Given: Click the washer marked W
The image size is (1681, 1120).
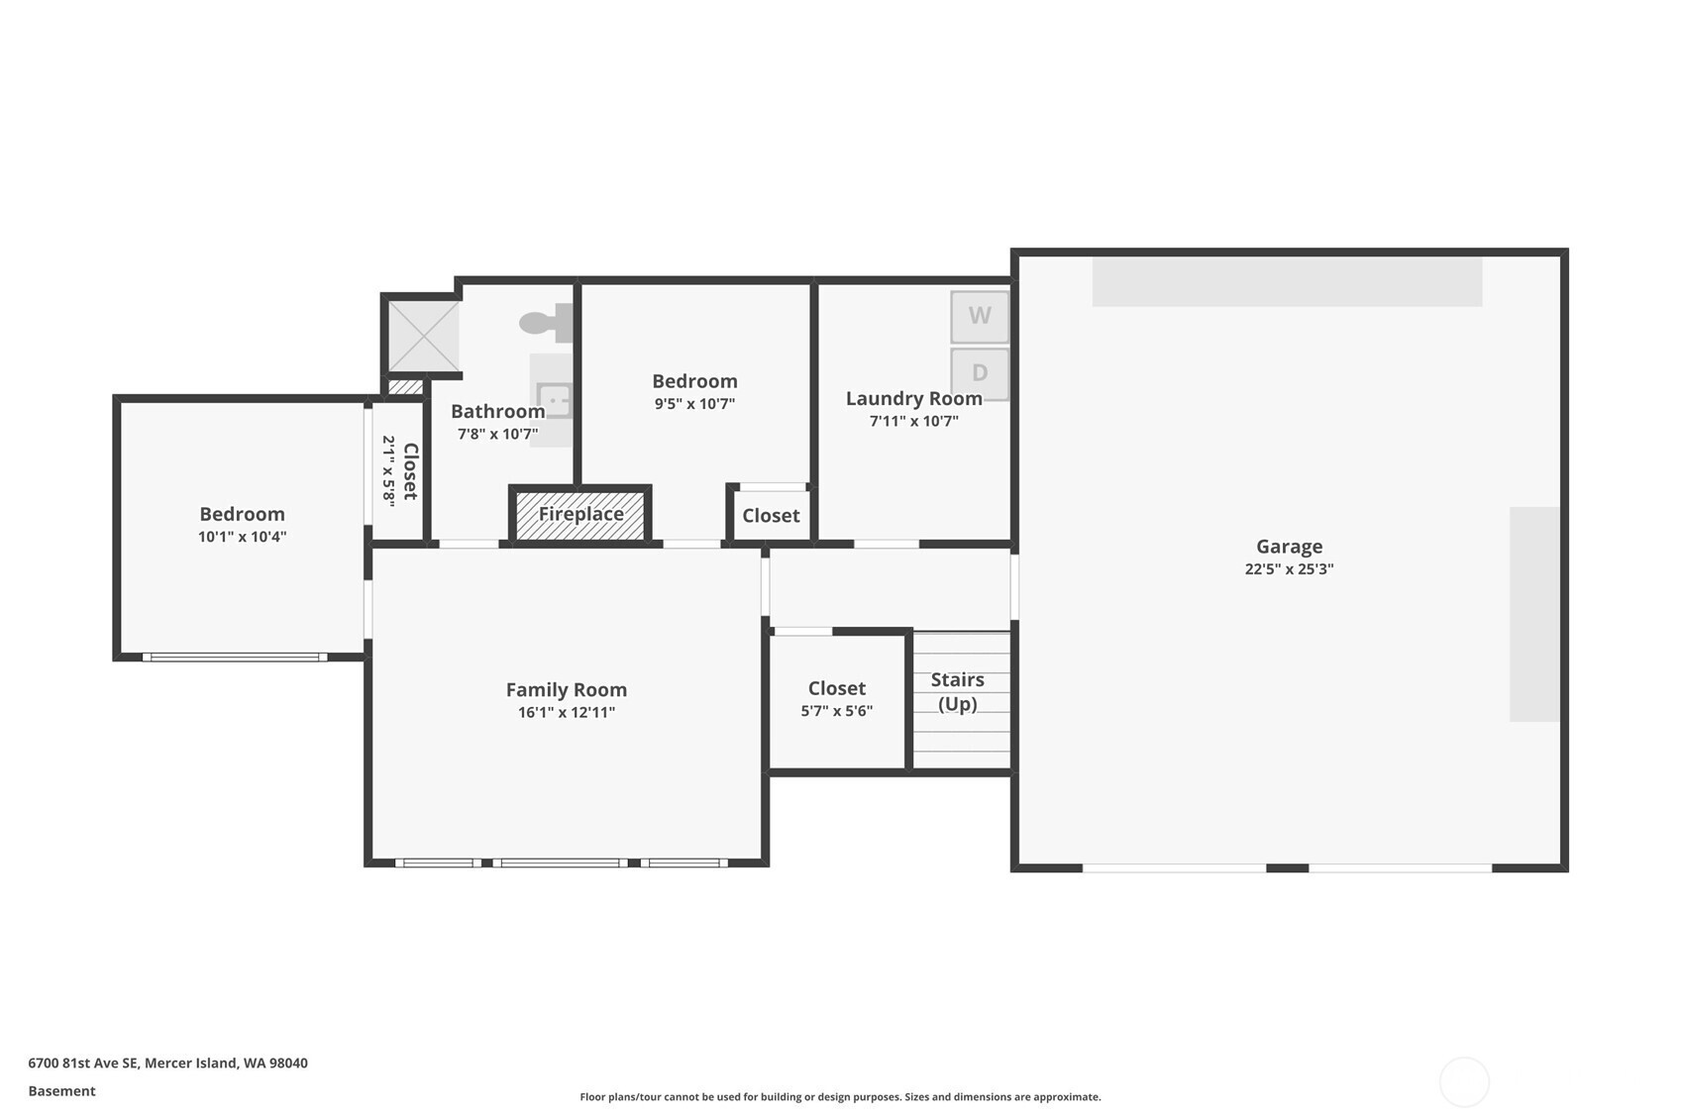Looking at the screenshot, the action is coord(980,316).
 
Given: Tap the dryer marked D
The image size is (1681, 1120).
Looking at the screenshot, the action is coord(980,372).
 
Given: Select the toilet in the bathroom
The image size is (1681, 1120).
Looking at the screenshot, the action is coord(547,323).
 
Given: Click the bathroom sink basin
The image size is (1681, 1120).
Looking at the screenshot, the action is coord(555,401).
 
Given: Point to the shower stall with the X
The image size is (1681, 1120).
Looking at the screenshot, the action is coord(423,336).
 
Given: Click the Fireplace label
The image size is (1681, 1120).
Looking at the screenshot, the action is coord(580,514).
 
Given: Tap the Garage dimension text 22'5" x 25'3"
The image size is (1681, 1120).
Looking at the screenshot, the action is coord(1289,568).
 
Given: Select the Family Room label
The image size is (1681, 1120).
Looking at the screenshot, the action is coord(566,689).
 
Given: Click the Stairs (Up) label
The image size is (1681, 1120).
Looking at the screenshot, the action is coord(958,691).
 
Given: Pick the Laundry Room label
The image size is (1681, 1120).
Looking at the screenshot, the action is coord(914,398).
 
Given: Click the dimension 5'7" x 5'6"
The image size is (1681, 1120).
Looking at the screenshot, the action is coord(837,710).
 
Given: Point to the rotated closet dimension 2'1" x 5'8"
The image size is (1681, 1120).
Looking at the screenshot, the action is coord(388,471).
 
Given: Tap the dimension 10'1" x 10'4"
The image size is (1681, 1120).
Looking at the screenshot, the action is coord(243,537).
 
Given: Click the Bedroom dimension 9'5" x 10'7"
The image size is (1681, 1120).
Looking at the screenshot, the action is coord(694,404).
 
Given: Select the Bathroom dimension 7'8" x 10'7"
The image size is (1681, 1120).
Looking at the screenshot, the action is coord(497,434).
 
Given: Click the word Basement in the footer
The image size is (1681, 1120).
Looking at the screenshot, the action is coord(61,1090).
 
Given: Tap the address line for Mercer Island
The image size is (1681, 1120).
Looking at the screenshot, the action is coord(168,1063).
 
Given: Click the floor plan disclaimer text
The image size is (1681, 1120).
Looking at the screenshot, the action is coord(840,1097).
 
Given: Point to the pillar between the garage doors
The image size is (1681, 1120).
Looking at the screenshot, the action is coord(1287,867).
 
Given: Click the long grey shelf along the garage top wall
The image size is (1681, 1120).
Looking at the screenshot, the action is coord(1287,282).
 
